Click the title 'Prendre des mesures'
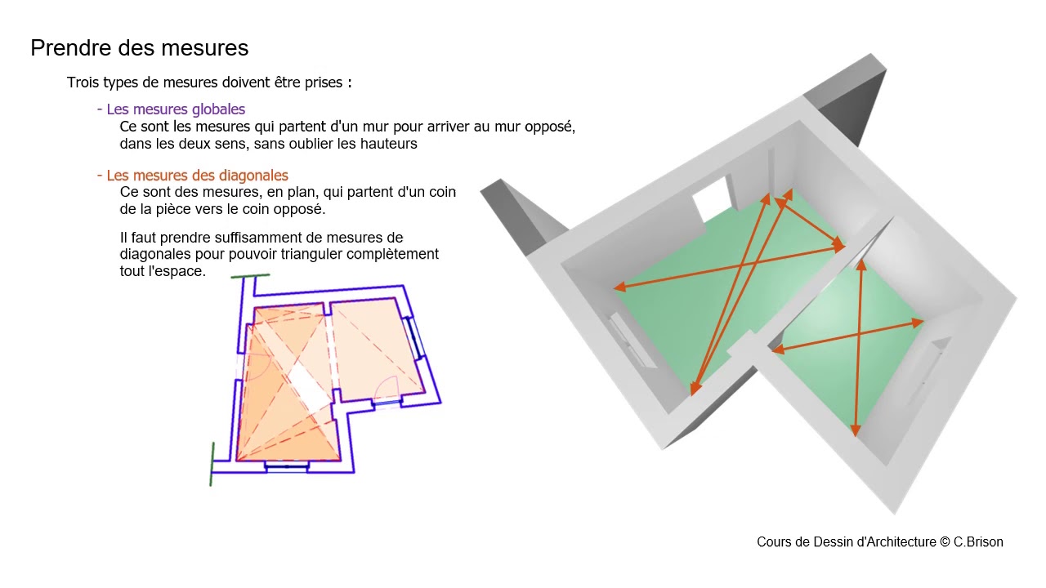[x=140, y=48]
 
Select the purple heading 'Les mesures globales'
[x=176, y=109]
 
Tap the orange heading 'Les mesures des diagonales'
[x=198, y=176]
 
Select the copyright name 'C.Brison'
[x=978, y=541]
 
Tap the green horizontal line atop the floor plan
[x=250, y=276]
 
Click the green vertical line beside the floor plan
[x=212, y=465]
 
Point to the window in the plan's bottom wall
[x=287, y=466]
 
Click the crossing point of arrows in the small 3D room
[x=859, y=334]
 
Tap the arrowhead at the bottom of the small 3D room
[x=856, y=430]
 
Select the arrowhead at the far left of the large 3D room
[x=619, y=287]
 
